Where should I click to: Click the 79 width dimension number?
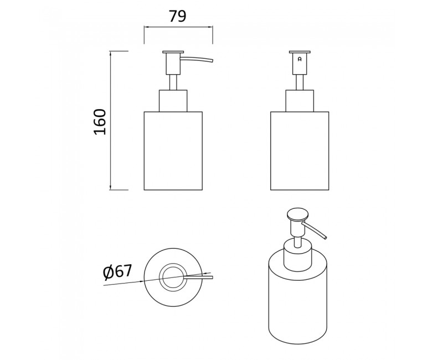178,16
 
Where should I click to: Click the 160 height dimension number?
100,122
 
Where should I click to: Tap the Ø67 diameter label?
117,272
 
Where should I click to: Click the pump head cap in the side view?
173,52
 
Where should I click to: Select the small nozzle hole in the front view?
300,59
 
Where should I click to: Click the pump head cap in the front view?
300,52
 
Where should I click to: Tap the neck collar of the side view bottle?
173,101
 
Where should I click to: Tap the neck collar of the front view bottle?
300,101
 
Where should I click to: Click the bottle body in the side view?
173,151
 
